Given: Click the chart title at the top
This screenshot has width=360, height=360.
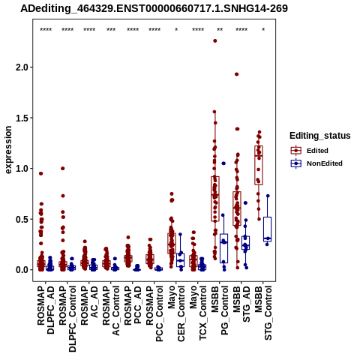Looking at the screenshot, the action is pyautogui.click(x=154, y=8).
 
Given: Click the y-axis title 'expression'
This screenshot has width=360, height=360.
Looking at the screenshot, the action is pyautogui.click(x=8, y=150).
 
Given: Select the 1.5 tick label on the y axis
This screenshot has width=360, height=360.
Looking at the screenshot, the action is pyautogui.click(x=22, y=118).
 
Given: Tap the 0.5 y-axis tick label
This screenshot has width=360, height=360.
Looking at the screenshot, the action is pyautogui.click(x=22, y=219).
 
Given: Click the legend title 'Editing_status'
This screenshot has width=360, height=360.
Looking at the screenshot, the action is pyautogui.click(x=320, y=136).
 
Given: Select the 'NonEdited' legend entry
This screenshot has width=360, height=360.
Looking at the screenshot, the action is pyautogui.click(x=316, y=163).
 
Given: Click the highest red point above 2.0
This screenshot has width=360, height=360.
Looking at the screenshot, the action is pyautogui.click(x=214, y=40).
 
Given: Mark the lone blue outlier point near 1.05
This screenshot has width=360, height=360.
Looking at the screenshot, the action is pyautogui.click(x=223, y=163).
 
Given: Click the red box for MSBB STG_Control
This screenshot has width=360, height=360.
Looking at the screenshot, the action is pyautogui.click(x=259, y=165).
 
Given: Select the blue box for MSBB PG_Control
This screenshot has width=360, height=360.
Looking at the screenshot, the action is pyautogui.click(x=223, y=248).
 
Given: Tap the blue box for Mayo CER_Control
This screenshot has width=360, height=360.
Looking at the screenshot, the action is pyautogui.click(x=180, y=259).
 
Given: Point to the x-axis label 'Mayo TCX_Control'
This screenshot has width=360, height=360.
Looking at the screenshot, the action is pyautogui.click(x=198, y=313).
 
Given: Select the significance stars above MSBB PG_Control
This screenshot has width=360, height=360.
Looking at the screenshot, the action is pyautogui.click(x=220, y=30).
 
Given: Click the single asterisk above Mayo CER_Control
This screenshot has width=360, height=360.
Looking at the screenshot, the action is pyautogui.click(x=176, y=30).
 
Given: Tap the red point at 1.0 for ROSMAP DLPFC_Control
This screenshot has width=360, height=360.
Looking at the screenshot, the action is pyautogui.click(x=63, y=169).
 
